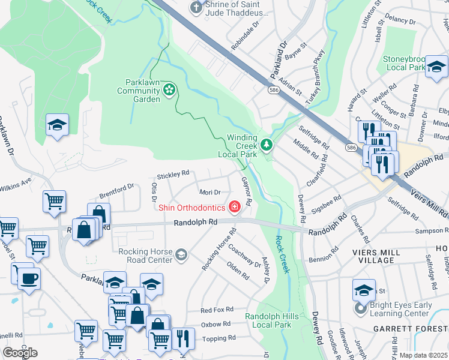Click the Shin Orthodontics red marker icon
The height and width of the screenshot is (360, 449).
[235, 208]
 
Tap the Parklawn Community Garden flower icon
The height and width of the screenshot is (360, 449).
[169, 91]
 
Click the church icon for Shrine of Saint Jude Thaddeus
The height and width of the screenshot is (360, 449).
[195, 7]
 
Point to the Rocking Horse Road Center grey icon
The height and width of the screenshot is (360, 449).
[180, 256]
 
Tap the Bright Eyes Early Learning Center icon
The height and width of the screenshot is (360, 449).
[360, 309]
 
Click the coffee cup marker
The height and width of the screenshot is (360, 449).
[29, 278]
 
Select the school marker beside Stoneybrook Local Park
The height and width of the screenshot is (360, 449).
[436, 65]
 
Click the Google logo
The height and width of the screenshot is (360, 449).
[20, 353]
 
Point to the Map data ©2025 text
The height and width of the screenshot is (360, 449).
[423, 355]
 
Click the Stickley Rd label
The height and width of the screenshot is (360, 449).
[173, 175]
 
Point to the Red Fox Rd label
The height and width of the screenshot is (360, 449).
[216, 310]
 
